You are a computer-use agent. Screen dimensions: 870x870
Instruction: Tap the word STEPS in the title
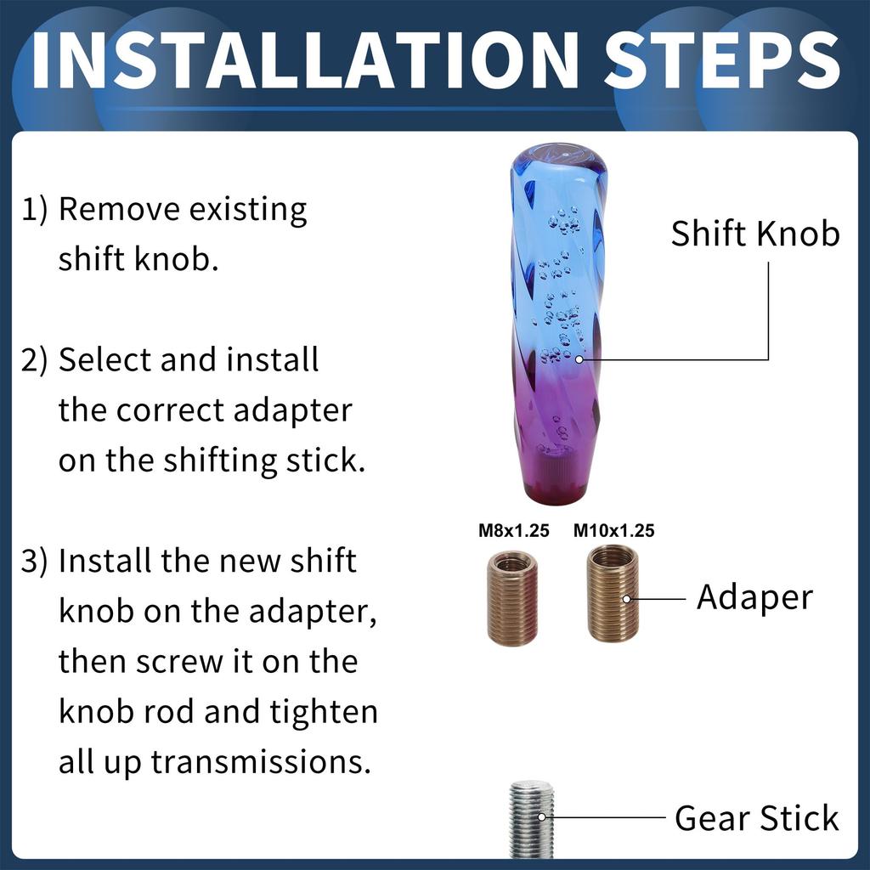(722, 60)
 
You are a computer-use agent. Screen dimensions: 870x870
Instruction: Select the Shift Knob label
(755, 233)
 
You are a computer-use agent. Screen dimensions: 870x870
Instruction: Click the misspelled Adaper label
(754, 598)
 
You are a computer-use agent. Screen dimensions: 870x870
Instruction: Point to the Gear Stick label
(757, 818)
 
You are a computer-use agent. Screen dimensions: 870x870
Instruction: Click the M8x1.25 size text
(514, 530)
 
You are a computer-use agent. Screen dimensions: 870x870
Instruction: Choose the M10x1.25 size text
(613, 530)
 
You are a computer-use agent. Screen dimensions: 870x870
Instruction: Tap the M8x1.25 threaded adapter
(512, 598)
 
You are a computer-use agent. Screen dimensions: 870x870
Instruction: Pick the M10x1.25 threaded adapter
(613, 594)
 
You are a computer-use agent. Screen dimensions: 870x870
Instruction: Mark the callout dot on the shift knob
(579, 359)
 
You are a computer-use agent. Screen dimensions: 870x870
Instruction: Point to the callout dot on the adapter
(626, 599)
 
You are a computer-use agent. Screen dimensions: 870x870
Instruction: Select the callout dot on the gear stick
(542, 816)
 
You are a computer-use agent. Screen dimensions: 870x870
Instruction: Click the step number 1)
(34, 211)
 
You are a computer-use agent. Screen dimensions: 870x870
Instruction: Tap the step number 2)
(34, 360)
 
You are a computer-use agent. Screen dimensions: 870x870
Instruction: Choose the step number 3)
(34, 562)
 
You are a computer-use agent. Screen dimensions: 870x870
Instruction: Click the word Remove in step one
(119, 209)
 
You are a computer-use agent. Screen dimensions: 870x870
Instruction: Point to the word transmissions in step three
(261, 762)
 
